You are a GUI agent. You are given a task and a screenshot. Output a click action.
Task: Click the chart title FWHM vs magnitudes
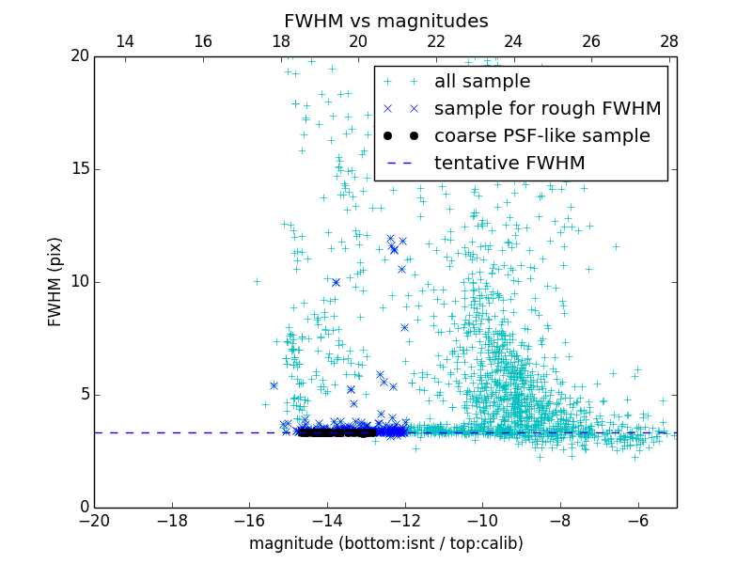click(385, 21)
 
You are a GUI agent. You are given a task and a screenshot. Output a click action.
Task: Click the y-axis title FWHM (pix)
click(55, 281)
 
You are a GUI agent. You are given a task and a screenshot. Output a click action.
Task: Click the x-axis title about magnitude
click(385, 543)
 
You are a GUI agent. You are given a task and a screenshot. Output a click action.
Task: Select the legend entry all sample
click(481, 82)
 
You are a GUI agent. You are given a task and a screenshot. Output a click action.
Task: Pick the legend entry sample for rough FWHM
click(547, 109)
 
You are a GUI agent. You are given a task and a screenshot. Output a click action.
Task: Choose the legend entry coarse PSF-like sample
click(541, 136)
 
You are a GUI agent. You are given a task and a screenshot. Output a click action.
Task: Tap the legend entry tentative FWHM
click(509, 164)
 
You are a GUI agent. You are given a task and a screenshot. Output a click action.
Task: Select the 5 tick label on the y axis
click(83, 395)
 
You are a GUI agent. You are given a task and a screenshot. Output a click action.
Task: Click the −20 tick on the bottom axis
click(95, 520)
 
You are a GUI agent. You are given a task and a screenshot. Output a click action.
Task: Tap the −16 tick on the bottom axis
click(249, 520)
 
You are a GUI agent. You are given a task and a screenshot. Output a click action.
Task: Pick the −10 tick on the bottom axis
click(482, 520)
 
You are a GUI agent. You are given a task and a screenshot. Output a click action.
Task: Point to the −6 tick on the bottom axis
click(637, 520)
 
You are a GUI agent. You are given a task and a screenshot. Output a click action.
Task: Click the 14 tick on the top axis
click(125, 41)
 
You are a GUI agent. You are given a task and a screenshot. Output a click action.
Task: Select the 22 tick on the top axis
click(435, 41)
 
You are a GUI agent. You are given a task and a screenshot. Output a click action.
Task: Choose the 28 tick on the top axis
click(668, 41)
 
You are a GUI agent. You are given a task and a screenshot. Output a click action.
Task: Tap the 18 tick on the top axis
click(280, 41)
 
